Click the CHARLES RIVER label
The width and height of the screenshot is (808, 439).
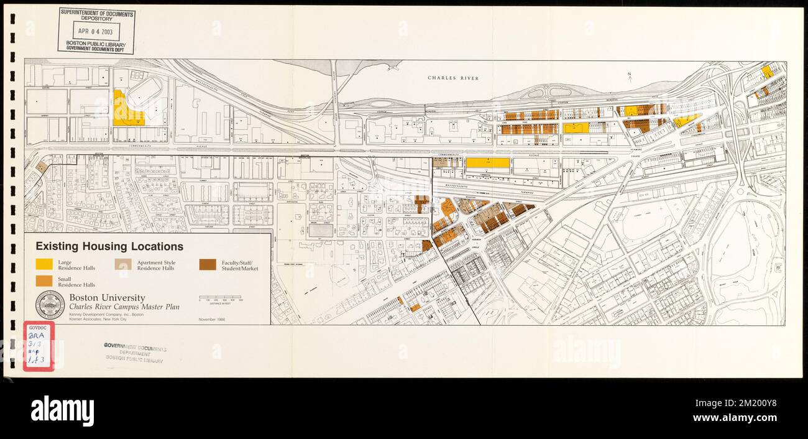452,78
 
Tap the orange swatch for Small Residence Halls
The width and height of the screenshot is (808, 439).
44,281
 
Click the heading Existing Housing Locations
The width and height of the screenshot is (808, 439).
109,247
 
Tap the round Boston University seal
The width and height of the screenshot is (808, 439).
50,305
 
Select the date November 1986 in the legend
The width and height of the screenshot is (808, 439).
212,319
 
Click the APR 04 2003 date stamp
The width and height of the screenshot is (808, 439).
97,30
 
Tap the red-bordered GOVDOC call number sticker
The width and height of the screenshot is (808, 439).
39,346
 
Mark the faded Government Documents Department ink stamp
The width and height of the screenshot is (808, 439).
134,353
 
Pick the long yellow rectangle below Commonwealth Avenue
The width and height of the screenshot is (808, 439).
487,163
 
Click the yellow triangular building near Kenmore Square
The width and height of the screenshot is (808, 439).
684,120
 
